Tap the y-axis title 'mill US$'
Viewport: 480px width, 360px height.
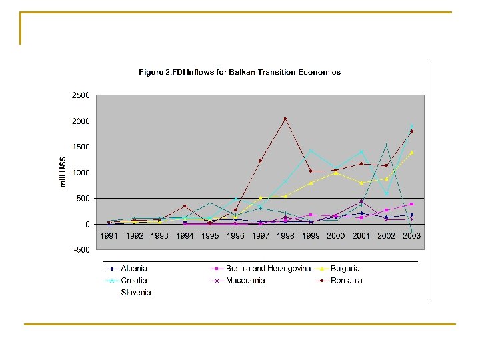point(63,172)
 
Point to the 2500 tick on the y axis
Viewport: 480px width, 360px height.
point(81,95)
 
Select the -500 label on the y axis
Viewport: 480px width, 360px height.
point(82,250)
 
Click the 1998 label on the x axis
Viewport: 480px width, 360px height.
point(285,236)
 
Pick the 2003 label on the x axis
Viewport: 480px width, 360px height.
point(411,236)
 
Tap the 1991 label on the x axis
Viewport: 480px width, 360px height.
point(109,236)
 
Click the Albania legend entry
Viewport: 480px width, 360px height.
point(127,269)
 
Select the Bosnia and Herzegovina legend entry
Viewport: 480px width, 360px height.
point(261,269)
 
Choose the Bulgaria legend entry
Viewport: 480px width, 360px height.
point(337,269)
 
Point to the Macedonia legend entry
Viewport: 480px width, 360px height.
point(237,281)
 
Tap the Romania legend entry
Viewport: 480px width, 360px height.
point(339,281)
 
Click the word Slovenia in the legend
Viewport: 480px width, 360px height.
point(136,293)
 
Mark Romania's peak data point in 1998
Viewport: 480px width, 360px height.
point(285,119)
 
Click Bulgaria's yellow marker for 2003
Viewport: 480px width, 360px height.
point(412,153)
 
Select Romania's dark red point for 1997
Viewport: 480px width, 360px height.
point(260,161)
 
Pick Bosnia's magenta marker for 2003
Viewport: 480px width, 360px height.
point(412,204)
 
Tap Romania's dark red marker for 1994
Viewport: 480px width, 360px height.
point(185,206)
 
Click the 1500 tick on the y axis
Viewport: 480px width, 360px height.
point(81,147)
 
